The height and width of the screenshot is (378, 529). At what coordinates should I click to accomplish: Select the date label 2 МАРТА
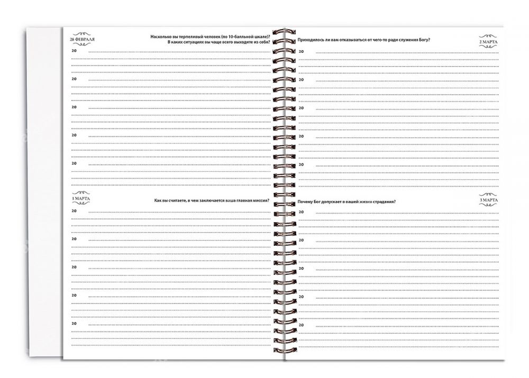(x=488, y=41)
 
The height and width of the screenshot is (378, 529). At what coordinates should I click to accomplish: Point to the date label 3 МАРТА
(x=488, y=200)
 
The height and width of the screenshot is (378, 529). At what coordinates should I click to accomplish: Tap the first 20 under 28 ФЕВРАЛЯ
(x=74, y=50)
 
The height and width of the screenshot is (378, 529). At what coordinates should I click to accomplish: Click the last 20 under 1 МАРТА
(x=74, y=323)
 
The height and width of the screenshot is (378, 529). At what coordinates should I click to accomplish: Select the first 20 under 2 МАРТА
(x=301, y=51)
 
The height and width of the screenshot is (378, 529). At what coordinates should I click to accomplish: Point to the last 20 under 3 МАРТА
(x=301, y=326)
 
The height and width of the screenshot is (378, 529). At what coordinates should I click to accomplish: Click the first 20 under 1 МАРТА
(x=74, y=211)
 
